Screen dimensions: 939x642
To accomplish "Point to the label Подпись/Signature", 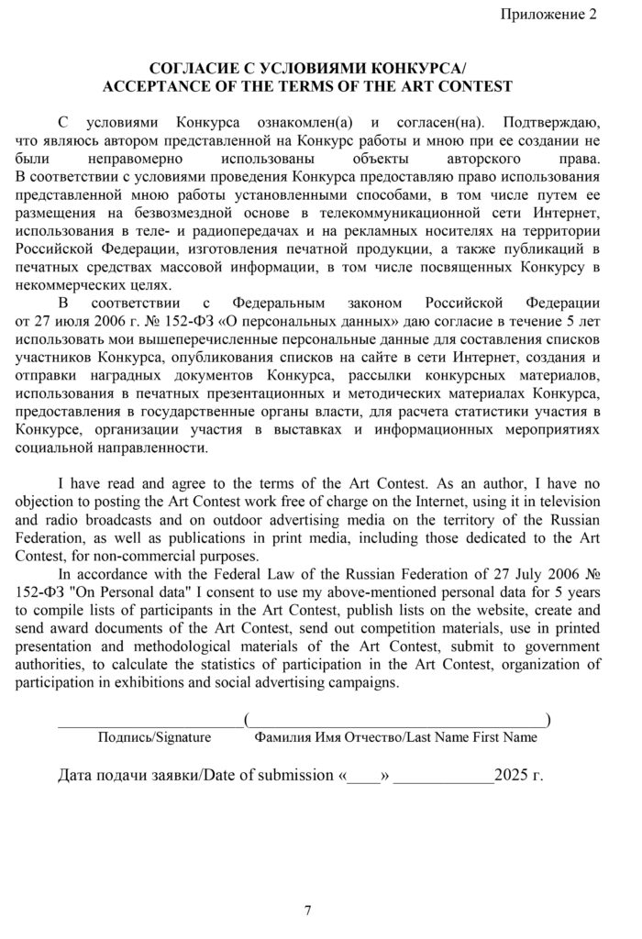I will pos(154,737).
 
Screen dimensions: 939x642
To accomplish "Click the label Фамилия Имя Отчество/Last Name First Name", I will pos(396,737).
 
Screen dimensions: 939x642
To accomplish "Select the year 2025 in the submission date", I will pos(511,776).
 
